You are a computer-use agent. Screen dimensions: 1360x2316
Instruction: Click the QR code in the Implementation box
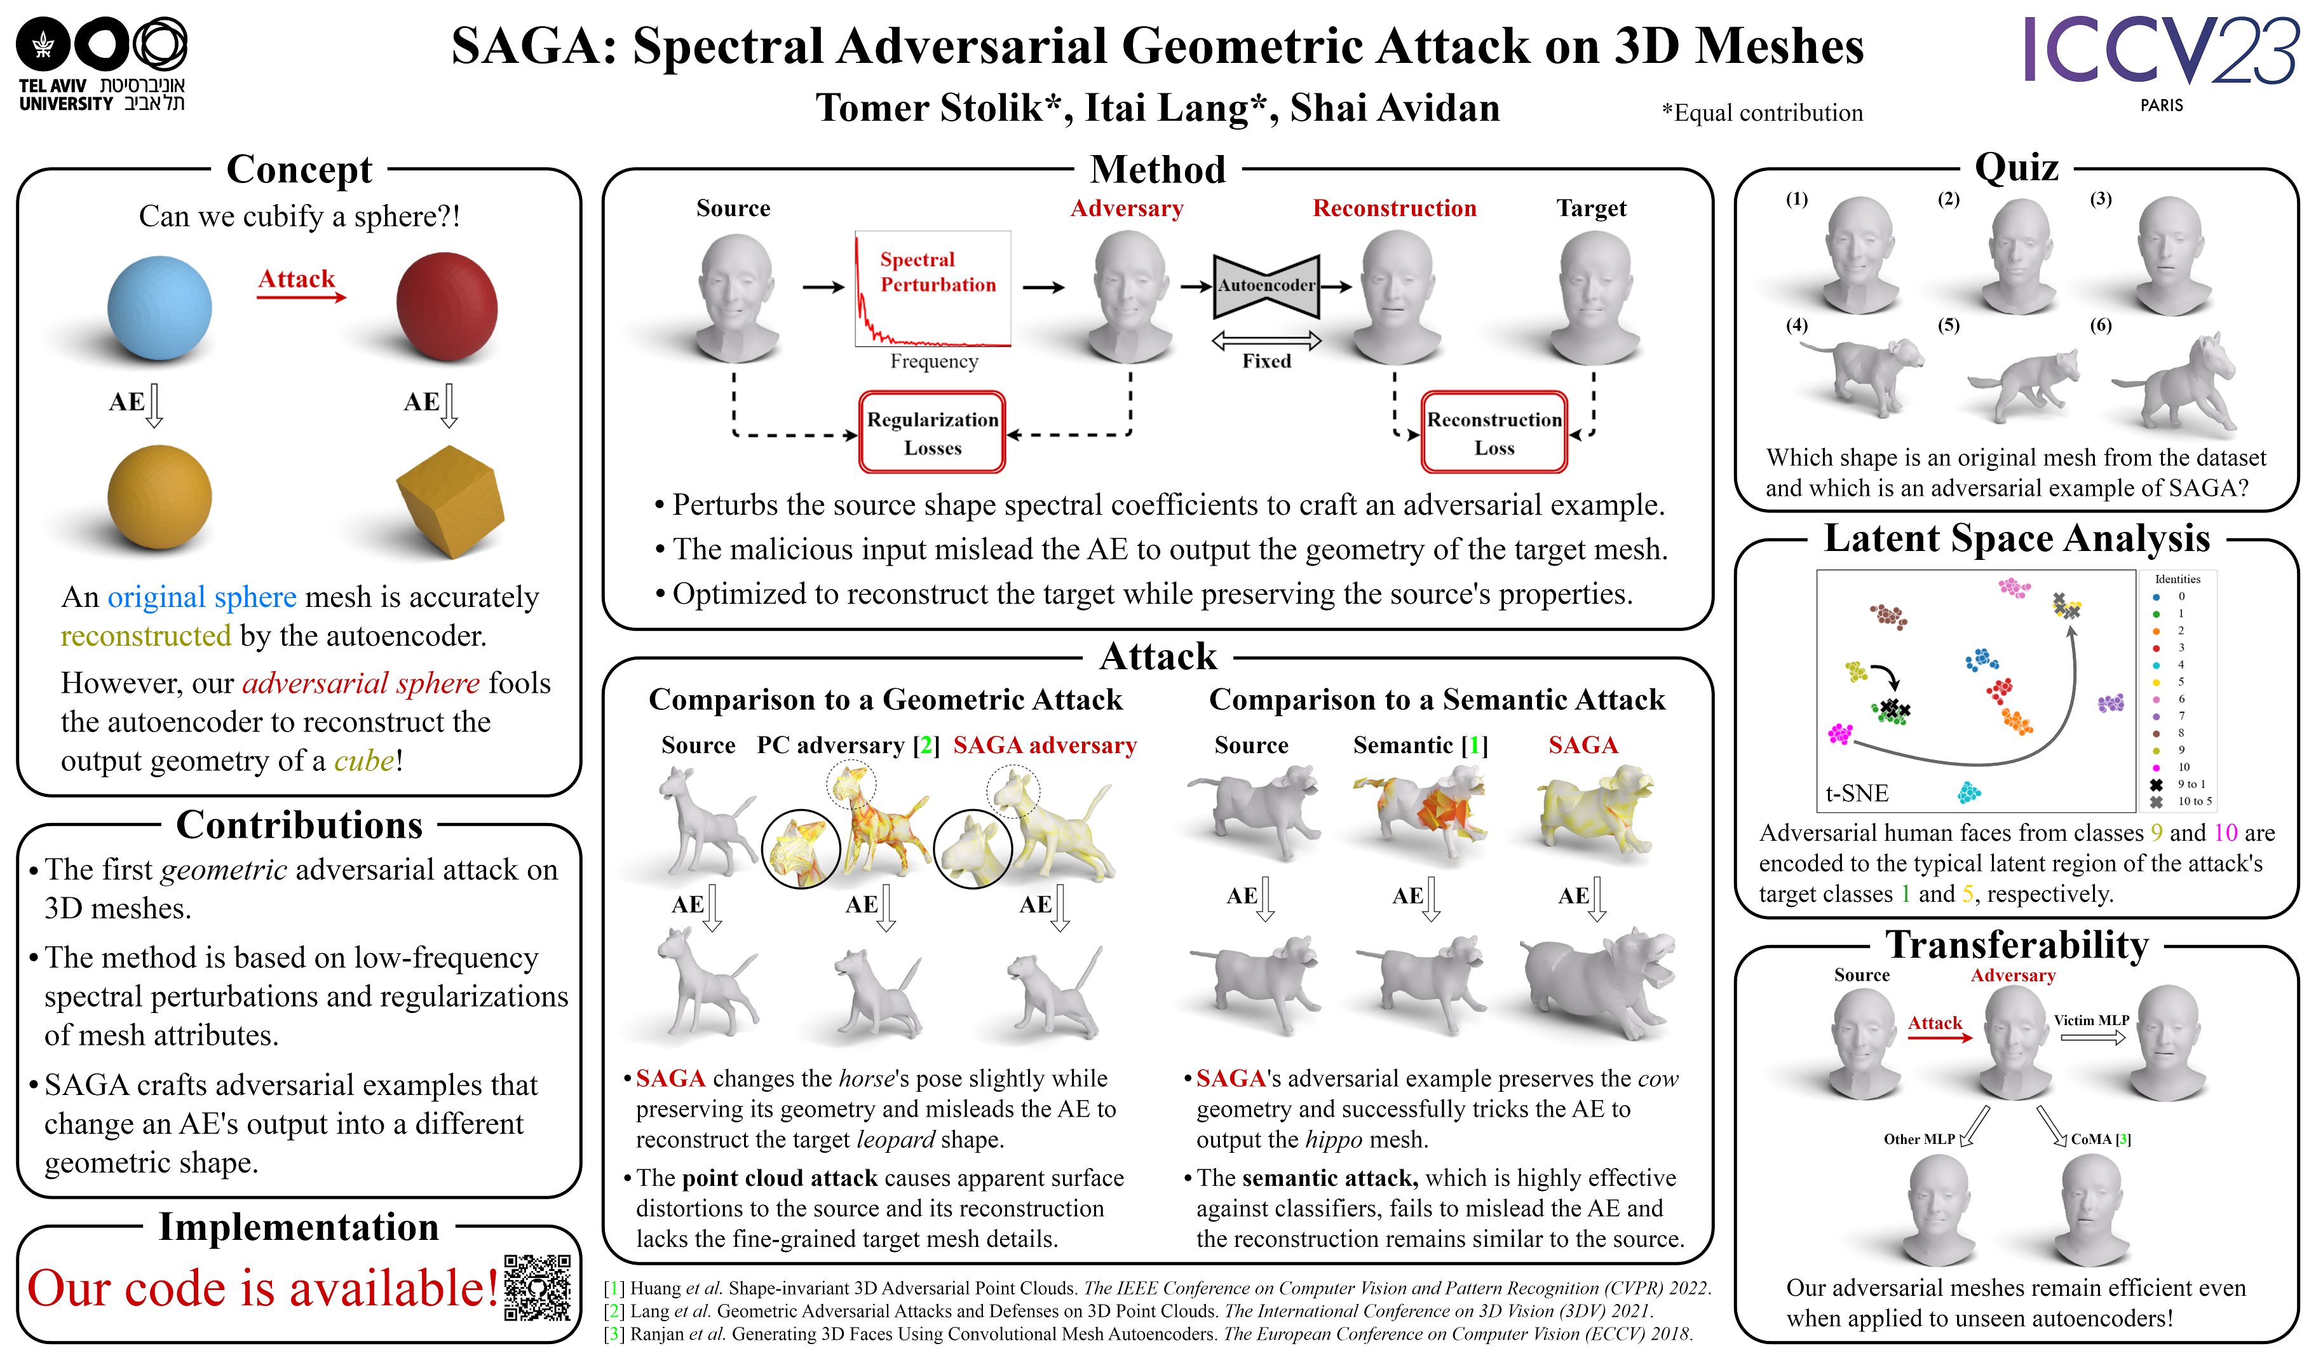(x=537, y=1288)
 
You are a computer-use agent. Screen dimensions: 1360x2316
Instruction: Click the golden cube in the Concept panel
(x=450, y=500)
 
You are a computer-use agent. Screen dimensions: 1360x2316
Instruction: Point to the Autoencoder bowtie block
(x=1266, y=286)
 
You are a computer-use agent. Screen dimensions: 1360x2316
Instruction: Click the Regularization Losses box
(x=932, y=433)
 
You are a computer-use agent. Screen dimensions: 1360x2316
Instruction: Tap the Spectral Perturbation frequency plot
(x=932, y=289)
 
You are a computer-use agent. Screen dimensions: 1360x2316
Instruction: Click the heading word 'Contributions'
(x=299, y=825)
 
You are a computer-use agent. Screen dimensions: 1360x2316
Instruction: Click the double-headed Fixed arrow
(x=1266, y=341)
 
